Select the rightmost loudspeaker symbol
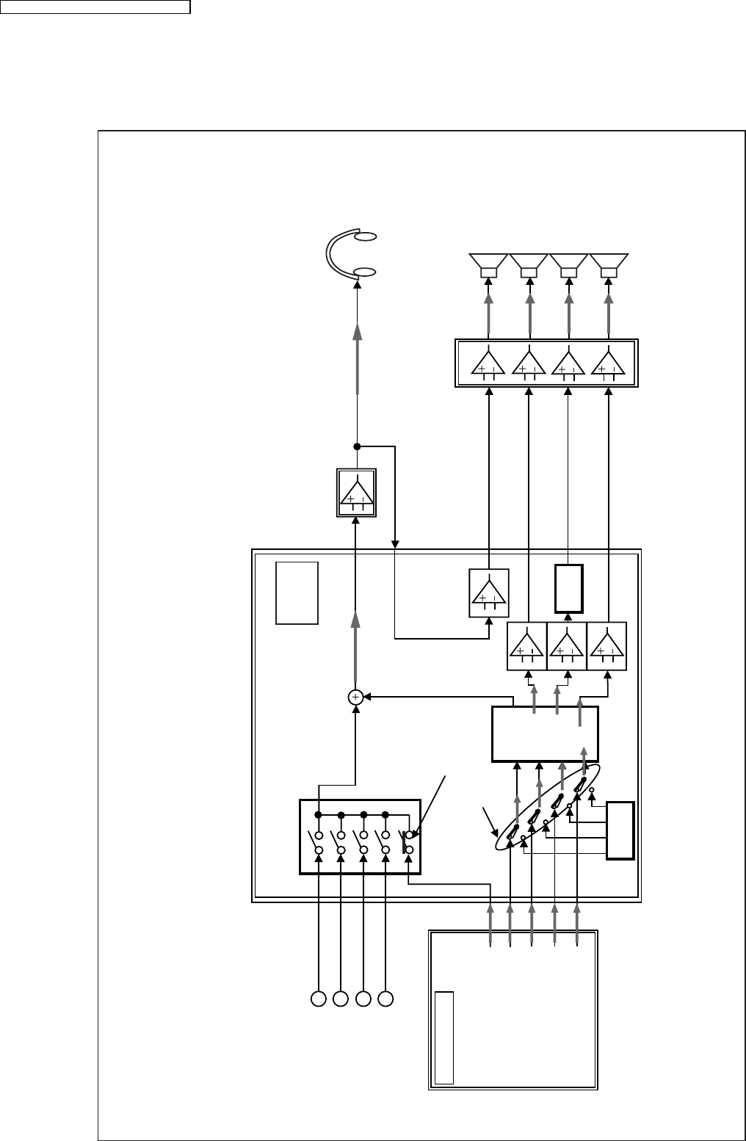click(x=609, y=265)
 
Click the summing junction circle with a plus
click(x=355, y=698)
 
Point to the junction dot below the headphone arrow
click(x=357, y=446)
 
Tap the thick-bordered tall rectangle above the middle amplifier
click(x=568, y=588)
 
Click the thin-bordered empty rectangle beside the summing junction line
click(x=297, y=593)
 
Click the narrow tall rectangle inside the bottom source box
click(x=444, y=1037)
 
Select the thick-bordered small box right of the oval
click(x=620, y=831)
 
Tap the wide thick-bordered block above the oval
click(x=545, y=734)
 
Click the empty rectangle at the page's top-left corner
click(x=95, y=7)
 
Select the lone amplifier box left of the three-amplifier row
click(x=489, y=593)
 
